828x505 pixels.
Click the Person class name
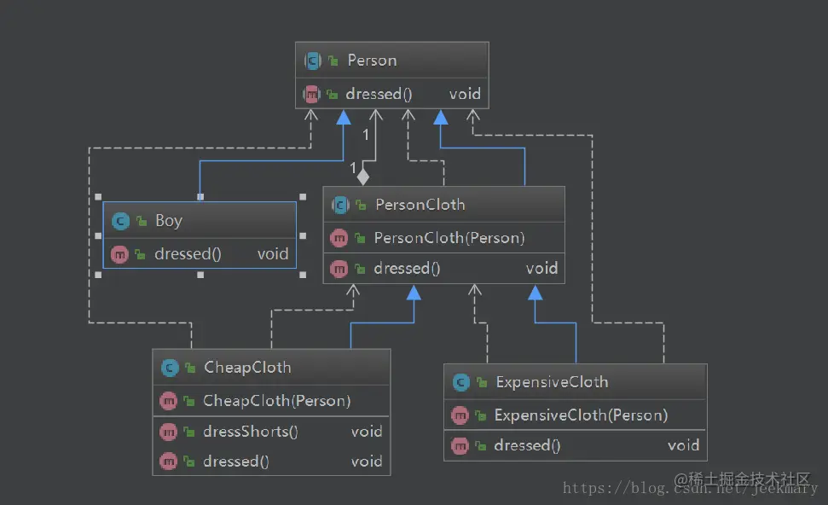coord(372,61)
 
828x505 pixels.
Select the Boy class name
coord(169,221)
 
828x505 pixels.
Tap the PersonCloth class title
coord(420,205)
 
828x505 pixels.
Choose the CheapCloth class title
coord(247,367)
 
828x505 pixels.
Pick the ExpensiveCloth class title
coord(552,382)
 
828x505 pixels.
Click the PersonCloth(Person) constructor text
coord(449,238)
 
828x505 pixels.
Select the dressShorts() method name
coord(251,432)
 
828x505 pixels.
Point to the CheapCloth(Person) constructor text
coord(276,401)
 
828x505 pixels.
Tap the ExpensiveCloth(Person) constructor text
coord(581,415)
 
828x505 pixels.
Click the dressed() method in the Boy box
coord(188,254)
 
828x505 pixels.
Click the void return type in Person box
coord(465,94)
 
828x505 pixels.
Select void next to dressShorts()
coord(367,432)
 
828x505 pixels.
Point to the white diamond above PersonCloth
coord(362,177)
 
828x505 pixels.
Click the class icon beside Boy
coord(120,221)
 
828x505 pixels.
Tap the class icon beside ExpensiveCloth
coord(461,382)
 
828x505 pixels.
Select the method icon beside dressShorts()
coord(168,432)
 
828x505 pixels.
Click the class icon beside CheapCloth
coord(170,368)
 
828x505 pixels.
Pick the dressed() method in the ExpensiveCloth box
coord(527,446)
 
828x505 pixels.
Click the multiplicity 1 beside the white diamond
coord(353,169)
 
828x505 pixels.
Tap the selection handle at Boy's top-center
coord(200,196)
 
